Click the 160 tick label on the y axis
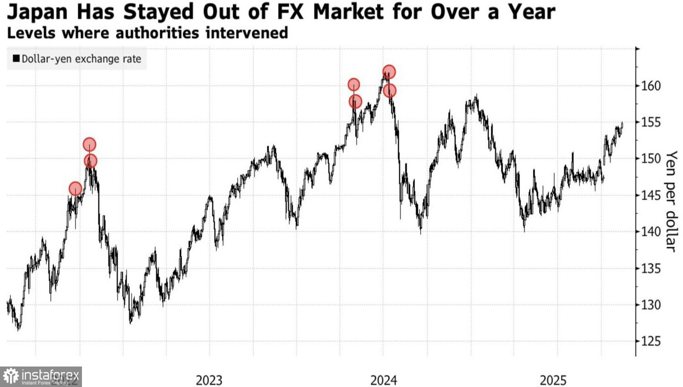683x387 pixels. (651, 86)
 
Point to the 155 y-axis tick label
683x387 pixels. (651, 122)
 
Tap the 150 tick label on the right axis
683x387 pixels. (651, 158)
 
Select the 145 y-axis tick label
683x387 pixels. (651, 195)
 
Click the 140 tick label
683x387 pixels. (651, 232)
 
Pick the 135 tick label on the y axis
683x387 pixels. (651, 268)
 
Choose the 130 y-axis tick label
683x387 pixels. (651, 305)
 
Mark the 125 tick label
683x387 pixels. (651, 341)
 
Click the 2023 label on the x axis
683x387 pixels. (209, 380)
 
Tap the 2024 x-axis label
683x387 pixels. (383, 380)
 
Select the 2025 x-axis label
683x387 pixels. (553, 380)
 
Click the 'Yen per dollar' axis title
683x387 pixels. (671, 201)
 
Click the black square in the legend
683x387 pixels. (16, 59)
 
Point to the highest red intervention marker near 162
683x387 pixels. (389, 72)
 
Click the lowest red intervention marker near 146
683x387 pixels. (76, 188)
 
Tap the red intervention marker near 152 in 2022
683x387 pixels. (90, 145)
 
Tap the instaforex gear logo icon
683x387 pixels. (11, 377)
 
